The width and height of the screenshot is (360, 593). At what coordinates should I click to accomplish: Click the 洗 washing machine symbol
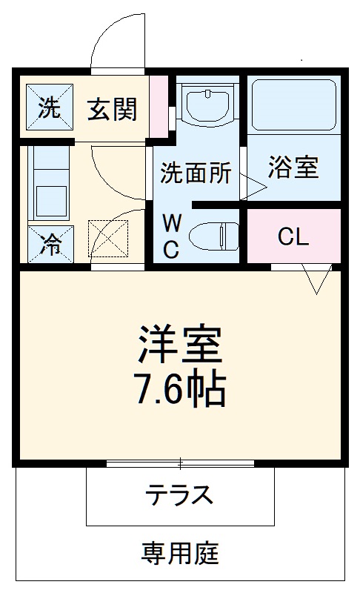(49, 108)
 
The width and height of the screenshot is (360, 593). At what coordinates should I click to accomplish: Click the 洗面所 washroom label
(196, 173)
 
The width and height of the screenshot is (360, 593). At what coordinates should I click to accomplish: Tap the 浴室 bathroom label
(293, 168)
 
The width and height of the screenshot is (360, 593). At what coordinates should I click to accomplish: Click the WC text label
(171, 236)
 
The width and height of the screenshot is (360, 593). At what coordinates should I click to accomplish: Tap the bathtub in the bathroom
(293, 105)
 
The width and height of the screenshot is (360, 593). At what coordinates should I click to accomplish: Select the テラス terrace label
(179, 494)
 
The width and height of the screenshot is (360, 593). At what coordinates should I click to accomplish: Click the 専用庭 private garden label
(180, 552)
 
